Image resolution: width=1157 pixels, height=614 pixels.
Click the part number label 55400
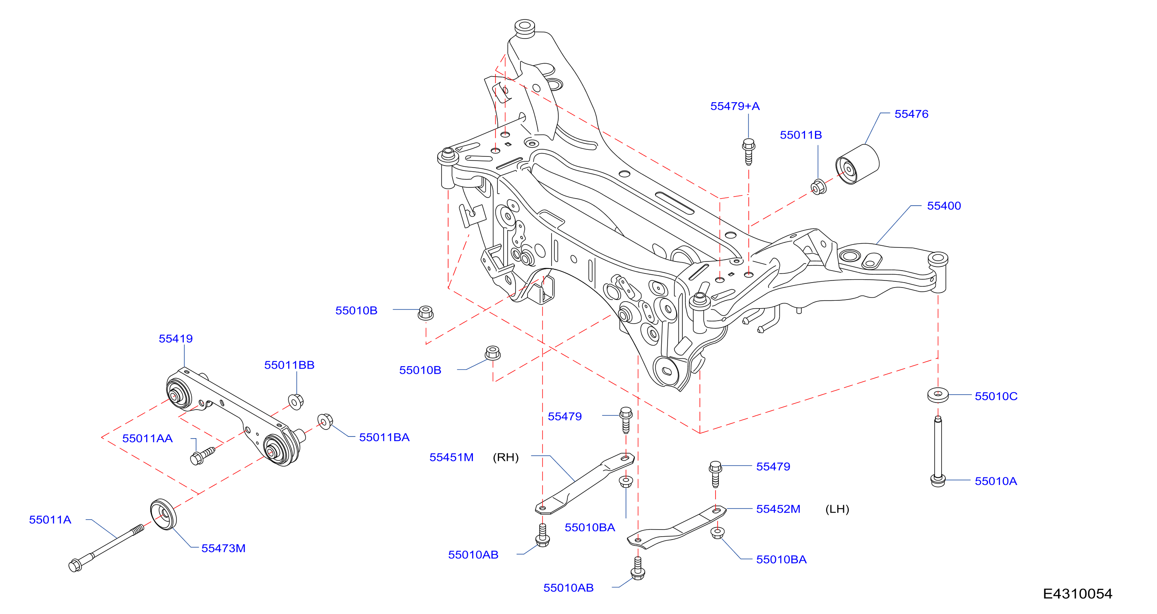tap(944, 206)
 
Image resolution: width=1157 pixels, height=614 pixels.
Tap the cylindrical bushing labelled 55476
tap(857, 164)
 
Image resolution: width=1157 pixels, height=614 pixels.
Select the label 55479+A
tap(735, 106)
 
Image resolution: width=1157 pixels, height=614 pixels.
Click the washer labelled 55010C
tap(938, 395)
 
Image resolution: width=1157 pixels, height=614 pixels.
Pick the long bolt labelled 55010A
tap(938, 451)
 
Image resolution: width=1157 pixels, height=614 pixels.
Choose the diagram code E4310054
tap(1077, 594)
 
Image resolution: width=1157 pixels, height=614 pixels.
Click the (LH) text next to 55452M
tap(837, 509)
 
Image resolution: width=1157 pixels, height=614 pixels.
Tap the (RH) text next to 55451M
tap(506, 457)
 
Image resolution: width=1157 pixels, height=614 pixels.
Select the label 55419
tap(176, 339)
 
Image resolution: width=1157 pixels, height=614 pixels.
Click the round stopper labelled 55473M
tap(164, 514)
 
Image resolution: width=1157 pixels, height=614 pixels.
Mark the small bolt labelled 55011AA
tap(202, 456)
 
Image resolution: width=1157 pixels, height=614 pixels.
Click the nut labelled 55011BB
tap(296, 401)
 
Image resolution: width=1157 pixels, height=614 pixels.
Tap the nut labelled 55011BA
tap(325, 421)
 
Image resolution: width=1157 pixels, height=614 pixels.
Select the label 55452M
tap(778, 509)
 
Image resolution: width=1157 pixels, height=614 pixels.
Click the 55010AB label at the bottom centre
tap(568, 588)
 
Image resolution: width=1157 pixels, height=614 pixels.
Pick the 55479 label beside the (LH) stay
tap(773, 466)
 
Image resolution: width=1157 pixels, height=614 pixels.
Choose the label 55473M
tap(223, 548)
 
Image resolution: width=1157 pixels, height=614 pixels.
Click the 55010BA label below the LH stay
tap(781, 559)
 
